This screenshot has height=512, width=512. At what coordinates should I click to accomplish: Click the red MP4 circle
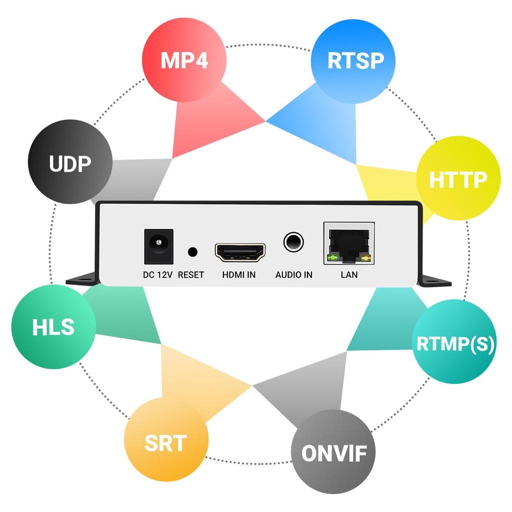coord(184,60)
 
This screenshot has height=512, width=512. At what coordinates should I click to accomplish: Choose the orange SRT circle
coord(165,442)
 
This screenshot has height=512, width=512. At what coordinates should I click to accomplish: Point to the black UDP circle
coord(70,162)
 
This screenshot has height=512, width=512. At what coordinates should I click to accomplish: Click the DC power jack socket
coord(158,246)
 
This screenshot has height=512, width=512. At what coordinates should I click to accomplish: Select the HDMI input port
coord(240,252)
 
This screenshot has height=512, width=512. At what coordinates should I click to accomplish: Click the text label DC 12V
coord(157,274)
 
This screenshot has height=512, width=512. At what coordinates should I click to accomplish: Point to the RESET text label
coord(191,274)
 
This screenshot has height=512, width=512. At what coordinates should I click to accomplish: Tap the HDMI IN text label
coord(239,274)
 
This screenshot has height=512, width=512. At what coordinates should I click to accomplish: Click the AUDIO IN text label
coord(294,274)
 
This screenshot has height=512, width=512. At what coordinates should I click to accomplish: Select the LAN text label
coord(349,274)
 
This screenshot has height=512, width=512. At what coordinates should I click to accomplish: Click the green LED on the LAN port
coord(331,258)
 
